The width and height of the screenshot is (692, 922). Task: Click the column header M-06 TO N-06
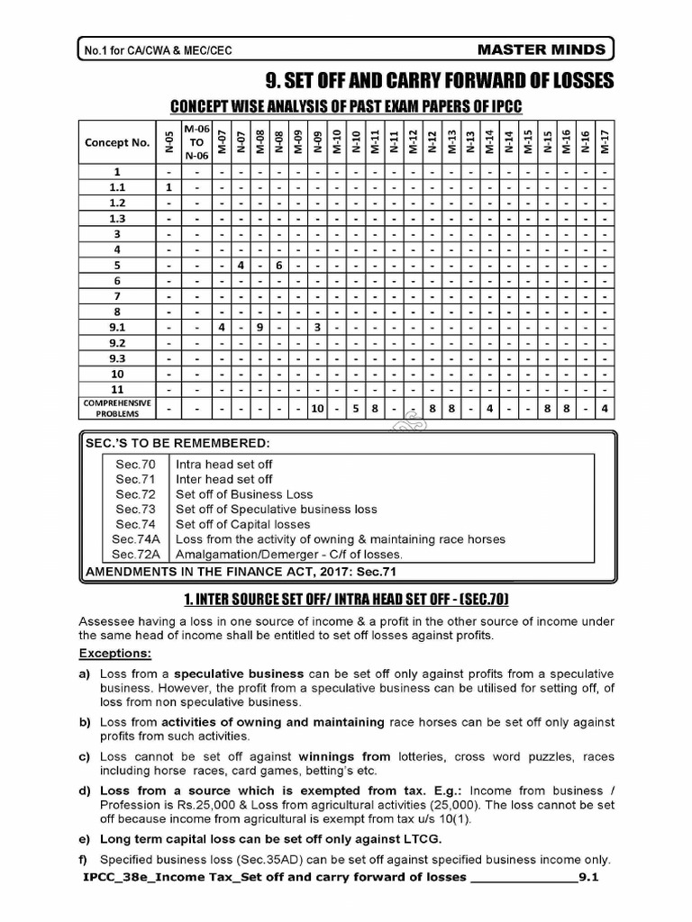click(196, 141)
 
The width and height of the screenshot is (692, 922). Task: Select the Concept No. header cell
click(117, 142)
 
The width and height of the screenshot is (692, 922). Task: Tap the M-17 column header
click(605, 141)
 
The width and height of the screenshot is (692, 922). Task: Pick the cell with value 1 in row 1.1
click(168, 186)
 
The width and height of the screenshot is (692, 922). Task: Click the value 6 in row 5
click(278, 265)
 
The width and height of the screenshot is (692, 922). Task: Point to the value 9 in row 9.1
click(259, 327)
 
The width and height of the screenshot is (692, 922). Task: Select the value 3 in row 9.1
click(317, 327)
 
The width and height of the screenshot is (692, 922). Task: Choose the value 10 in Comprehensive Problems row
click(317, 408)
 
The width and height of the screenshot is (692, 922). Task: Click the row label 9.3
click(117, 358)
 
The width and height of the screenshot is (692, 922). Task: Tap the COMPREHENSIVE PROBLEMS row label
click(117, 408)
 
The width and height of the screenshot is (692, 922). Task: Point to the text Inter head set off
click(223, 479)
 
